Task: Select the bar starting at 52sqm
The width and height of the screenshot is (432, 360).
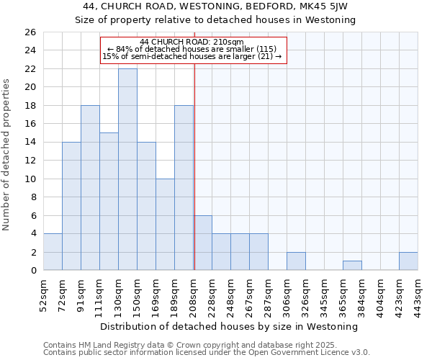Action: click(x=53, y=252)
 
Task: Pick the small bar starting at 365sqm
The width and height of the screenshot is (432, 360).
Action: click(x=352, y=266)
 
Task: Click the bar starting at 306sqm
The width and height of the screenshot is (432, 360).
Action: click(x=296, y=261)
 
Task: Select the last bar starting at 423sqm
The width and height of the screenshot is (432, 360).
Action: click(x=408, y=261)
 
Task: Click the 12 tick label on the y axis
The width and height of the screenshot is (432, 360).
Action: click(x=30, y=161)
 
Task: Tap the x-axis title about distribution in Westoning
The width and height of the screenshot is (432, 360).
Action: click(x=230, y=326)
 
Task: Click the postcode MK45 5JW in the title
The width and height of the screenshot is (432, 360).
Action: click(x=328, y=6)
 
